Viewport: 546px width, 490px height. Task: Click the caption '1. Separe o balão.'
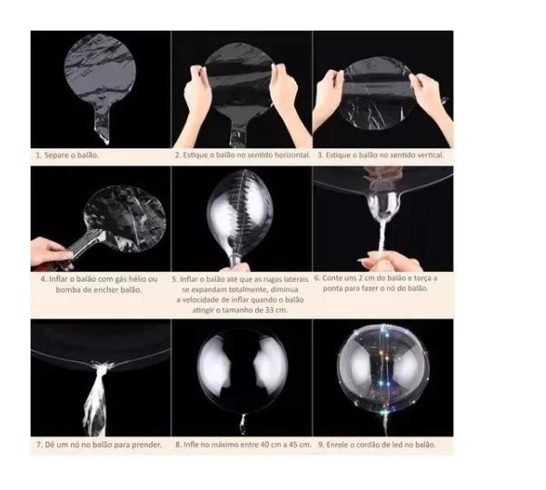tap(67, 155)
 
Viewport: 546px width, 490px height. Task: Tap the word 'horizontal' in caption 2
tap(292, 155)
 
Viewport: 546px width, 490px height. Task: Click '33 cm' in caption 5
tap(276, 310)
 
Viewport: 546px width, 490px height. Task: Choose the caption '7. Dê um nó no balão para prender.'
tap(99, 445)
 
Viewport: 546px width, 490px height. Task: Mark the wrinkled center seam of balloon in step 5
tap(241, 213)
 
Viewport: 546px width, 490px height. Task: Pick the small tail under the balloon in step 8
tap(243, 423)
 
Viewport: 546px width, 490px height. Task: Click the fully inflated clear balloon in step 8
tap(243, 371)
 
